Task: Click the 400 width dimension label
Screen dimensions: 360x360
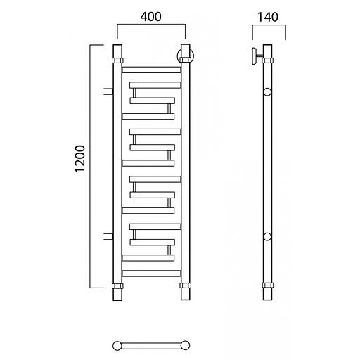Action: click(150, 17)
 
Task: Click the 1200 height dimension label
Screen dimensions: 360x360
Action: click(80, 159)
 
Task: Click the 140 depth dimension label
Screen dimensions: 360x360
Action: click(268, 17)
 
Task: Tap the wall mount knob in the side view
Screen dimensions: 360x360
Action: click(255, 56)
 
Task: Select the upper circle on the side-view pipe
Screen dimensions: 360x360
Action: click(267, 92)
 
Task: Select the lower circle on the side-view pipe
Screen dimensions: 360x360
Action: click(267, 237)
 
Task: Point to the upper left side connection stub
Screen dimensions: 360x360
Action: click(108, 91)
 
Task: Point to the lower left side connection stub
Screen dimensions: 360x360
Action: click(108, 237)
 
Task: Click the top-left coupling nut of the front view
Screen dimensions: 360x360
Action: click(117, 60)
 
